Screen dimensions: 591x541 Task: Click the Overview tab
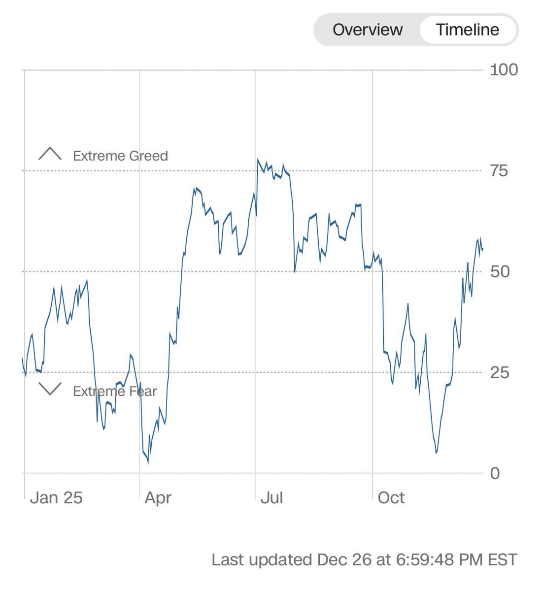point(368,30)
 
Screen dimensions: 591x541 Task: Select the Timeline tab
point(467,30)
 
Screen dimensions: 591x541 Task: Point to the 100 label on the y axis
point(504,69)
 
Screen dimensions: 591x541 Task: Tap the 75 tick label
point(499,171)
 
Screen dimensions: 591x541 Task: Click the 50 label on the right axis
point(500,271)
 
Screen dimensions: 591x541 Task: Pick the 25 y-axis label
point(500,372)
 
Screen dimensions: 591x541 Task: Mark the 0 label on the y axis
point(495,473)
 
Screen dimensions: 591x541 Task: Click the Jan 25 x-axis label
point(56,497)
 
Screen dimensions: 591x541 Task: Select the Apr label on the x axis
point(158,497)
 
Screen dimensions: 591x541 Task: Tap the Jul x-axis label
point(271,497)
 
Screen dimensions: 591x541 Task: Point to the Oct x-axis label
point(391,497)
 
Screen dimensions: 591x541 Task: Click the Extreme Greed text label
point(120,156)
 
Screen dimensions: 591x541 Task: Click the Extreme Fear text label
point(114,392)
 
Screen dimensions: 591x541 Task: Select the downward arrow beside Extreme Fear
point(50,389)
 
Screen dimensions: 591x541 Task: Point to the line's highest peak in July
point(257,159)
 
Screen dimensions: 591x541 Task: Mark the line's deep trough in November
point(437,452)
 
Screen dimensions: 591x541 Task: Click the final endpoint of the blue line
point(482,250)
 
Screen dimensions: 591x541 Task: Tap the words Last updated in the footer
point(262,560)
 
